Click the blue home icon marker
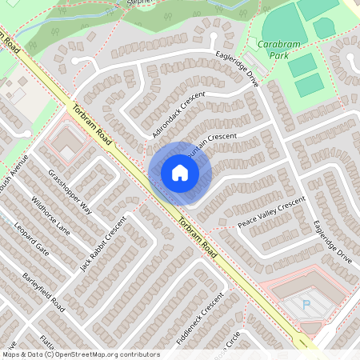[x=180, y=173]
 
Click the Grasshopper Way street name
[x=70, y=192]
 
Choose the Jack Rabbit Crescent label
[x=103, y=243]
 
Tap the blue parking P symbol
[x=306, y=304]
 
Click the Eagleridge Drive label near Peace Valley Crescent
[x=333, y=242]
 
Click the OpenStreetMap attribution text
[x=80, y=354]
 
